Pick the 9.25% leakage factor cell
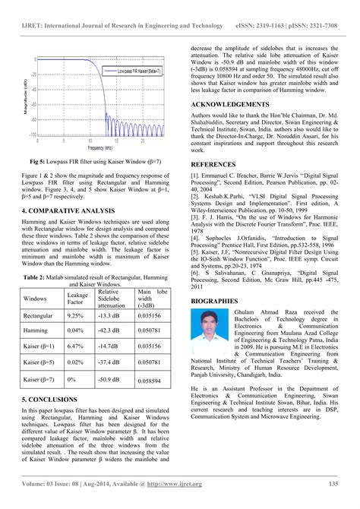click(75, 315)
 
